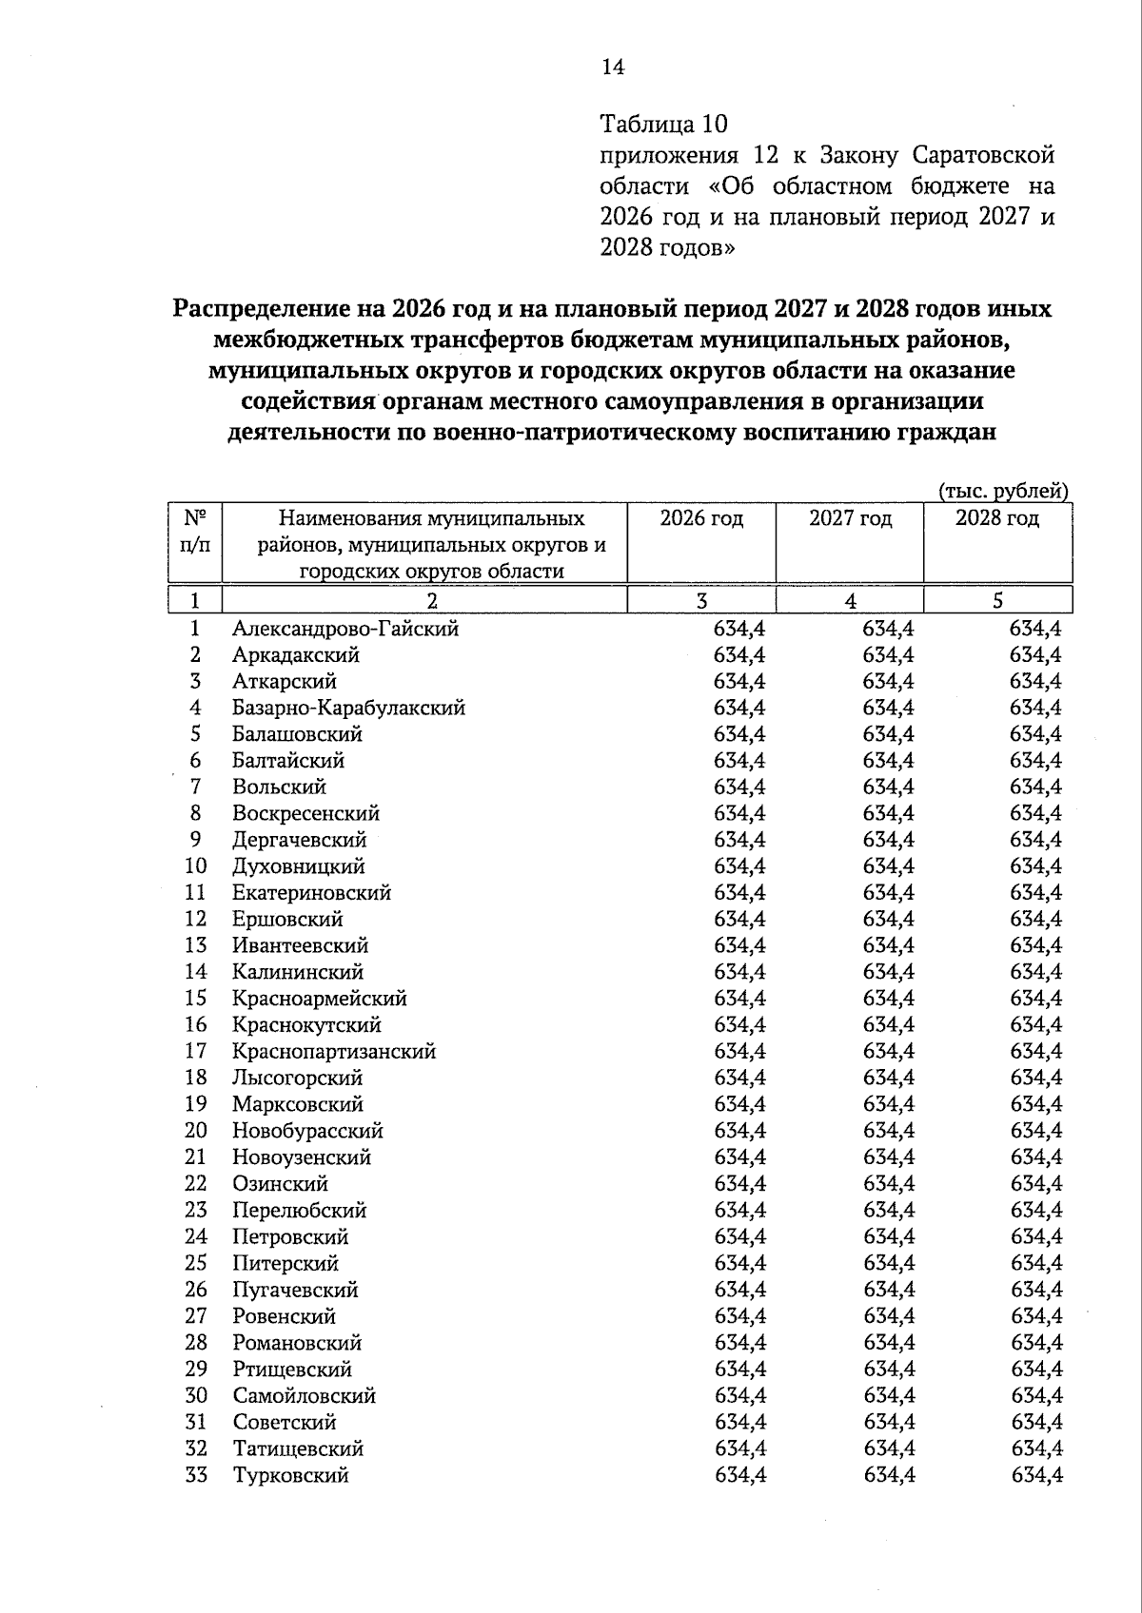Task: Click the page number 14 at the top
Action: click(613, 67)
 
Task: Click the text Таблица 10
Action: click(663, 124)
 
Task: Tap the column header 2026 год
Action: click(701, 518)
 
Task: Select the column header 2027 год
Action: click(850, 518)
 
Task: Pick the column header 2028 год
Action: click(997, 518)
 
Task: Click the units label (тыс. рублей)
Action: click(1004, 491)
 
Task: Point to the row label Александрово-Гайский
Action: click(345, 629)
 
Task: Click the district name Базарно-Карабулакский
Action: click(348, 708)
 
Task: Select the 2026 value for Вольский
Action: click(739, 787)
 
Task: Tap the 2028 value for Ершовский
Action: click(1035, 920)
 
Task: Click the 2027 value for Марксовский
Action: click(888, 1104)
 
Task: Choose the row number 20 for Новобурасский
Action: click(196, 1131)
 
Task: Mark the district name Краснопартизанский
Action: click(334, 1052)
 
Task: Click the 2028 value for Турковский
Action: click(1036, 1475)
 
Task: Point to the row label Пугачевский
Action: click(295, 1290)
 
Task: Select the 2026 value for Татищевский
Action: click(739, 1448)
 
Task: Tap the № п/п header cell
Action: click(195, 531)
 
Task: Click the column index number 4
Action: click(850, 600)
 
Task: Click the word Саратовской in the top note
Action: click(982, 155)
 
